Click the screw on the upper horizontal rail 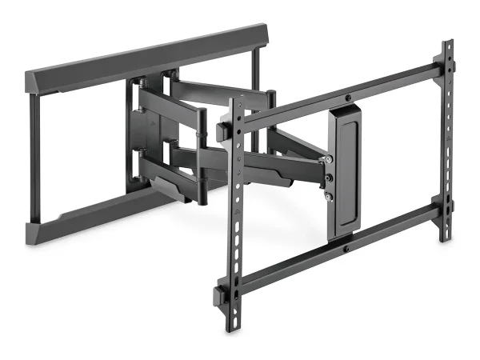click(x=349, y=99)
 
